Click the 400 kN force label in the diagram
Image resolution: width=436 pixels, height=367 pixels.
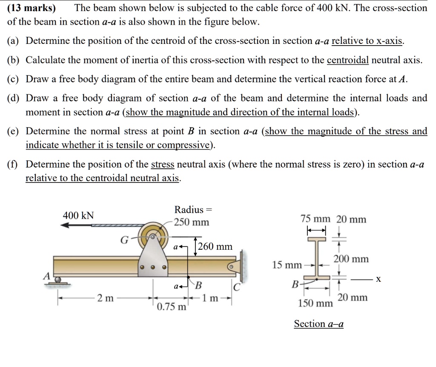(x=78, y=215)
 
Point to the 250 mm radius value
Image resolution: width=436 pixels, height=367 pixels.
(x=192, y=223)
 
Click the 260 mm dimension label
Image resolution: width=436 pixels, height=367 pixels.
(x=215, y=246)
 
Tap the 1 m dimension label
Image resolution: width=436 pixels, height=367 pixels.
(x=210, y=298)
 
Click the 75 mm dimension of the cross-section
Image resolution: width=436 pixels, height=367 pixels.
(x=316, y=219)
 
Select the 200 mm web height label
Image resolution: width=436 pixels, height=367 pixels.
(x=351, y=259)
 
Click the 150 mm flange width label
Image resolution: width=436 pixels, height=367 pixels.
(x=316, y=303)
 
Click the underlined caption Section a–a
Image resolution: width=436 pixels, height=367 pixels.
(x=319, y=324)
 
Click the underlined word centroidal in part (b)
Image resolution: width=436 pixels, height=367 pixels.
(x=347, y=60)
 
